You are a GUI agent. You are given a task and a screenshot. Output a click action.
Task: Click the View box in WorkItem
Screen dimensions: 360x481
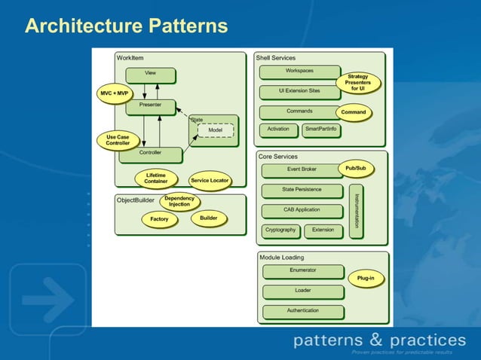[x=150, y=75]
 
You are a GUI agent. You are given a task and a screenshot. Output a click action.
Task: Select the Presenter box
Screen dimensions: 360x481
[x=150, y=106]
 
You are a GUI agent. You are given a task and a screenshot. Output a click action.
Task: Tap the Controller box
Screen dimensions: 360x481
[x=150, y=154]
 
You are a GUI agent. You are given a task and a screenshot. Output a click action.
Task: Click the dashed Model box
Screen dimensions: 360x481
[x=215, y=131]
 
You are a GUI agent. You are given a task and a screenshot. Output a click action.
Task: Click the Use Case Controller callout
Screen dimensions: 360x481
[x=118, y=140]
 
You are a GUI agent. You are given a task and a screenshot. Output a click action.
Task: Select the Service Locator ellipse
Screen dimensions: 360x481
[x=209, y=181]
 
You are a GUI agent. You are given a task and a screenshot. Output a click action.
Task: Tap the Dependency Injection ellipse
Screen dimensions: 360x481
[x=179, y=202]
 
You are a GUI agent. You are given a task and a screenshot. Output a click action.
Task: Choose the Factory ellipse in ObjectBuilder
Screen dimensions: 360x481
[x=159, y=219]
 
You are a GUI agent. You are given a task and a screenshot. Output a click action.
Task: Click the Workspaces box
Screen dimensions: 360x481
[x=299, y=72]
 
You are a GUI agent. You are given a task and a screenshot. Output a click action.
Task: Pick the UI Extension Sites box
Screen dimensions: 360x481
[x=299, y=92]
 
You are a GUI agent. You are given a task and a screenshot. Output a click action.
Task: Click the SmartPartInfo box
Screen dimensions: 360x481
[x=321, y=130]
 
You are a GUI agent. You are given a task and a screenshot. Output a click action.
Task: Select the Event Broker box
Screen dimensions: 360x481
[x=302, y=170]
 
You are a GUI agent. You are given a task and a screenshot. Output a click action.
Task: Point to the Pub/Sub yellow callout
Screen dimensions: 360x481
[x=355, y=169]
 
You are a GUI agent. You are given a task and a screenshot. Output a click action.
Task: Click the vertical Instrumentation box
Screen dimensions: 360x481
[x=357, y=211]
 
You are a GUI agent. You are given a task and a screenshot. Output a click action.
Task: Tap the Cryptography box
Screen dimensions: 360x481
[x=280, y=230]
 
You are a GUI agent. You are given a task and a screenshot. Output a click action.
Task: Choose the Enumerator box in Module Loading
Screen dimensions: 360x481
[x=302, y=271]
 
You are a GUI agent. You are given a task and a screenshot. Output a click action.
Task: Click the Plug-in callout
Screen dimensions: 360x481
[x=366, y=278]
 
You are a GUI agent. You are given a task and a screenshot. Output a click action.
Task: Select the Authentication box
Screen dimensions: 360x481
[x=302, y=311]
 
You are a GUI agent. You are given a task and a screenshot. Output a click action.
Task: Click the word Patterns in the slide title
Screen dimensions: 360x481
[x=184, y=27]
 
